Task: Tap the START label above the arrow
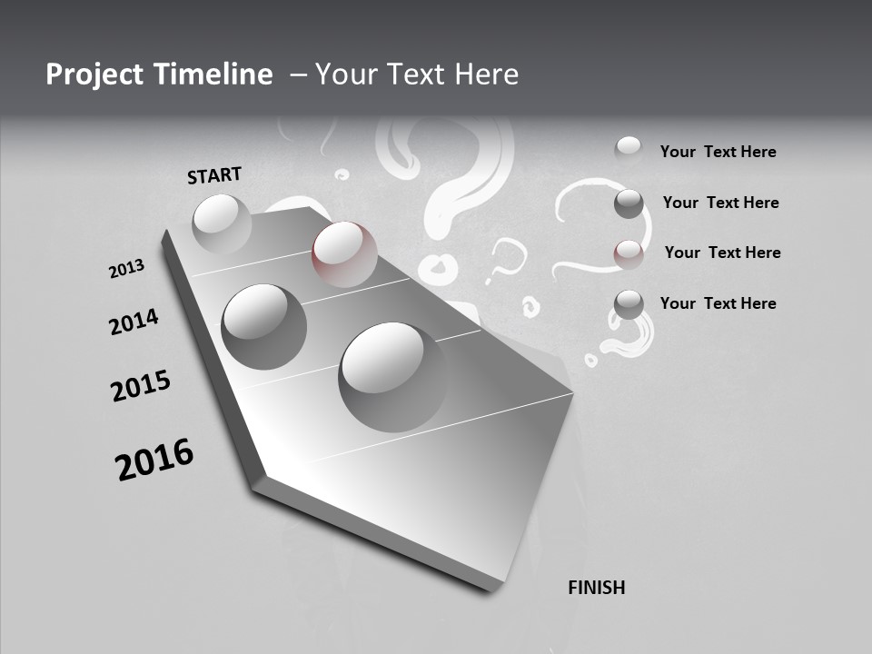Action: click(214, 175)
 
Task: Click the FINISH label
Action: click(597, 588)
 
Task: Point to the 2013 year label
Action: click(126, 269)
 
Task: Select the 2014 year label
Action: click(134, 322)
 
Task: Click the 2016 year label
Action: click(154, 460)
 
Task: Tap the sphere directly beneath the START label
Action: click(222, 223)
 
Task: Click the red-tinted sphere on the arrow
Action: click(344, 253)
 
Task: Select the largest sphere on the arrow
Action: click(394, 376)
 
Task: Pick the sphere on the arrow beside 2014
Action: click(263, 326)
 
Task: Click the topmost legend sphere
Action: click(629, 149)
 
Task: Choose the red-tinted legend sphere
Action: click(629, 253)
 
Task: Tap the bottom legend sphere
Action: click(629, 305)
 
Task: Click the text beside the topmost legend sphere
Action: click(718, 153)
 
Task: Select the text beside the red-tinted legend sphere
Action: click(722, 253)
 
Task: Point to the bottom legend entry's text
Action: click(718, 303)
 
